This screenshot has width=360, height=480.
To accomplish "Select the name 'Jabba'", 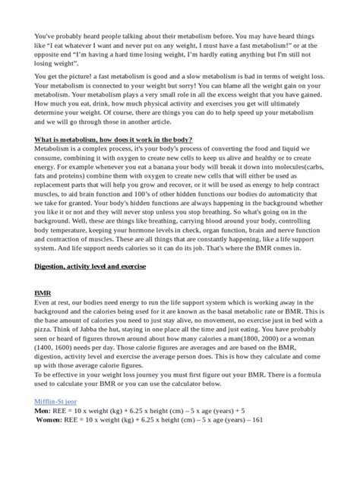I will pos(89,335).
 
